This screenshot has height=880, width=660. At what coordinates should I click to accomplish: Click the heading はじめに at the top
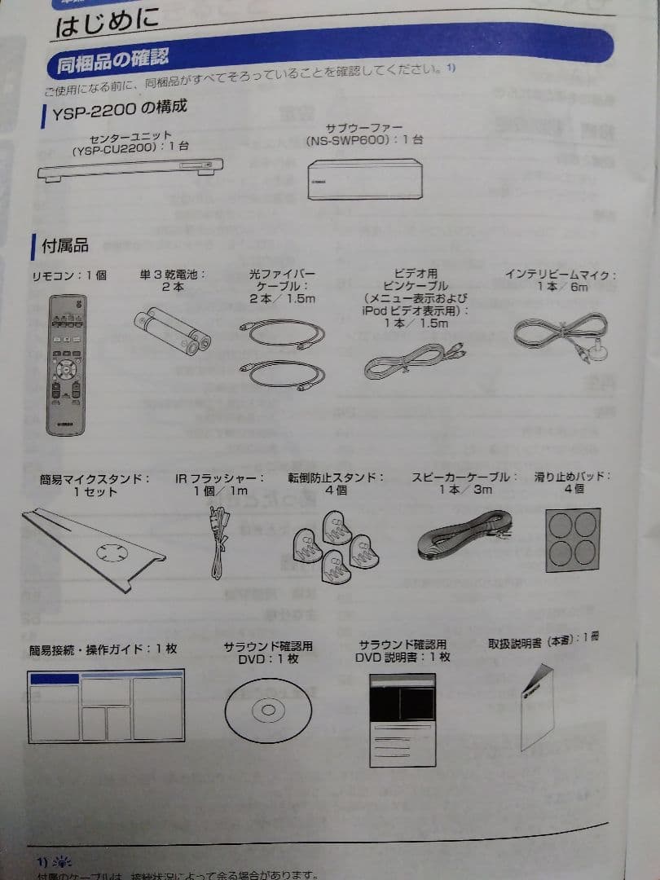[106, 23]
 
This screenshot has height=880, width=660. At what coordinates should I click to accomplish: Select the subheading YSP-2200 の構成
[119, 109]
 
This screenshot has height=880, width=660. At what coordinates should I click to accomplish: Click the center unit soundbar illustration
[130, 168]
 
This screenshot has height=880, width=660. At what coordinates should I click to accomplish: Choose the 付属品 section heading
[64, 244]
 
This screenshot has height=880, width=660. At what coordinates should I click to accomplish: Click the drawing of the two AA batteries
[172, 332]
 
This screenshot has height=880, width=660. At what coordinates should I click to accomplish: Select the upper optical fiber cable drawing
[283, 333]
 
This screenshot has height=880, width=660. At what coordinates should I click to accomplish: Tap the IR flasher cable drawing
[218, 541]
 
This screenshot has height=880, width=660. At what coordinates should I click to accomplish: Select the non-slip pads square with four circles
[573, 539]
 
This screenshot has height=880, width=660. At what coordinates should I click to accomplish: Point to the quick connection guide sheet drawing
[106, 705]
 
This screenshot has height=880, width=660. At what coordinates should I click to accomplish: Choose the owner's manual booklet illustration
[537, 705]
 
